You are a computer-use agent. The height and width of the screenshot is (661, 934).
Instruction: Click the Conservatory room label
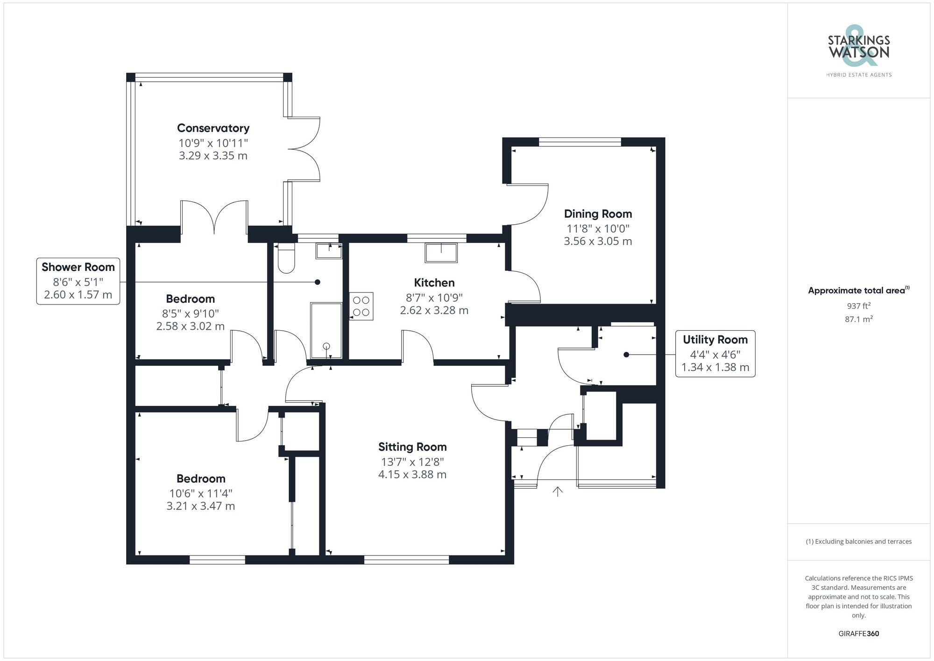point(213,128)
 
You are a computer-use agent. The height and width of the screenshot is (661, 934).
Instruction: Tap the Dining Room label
point(598,214)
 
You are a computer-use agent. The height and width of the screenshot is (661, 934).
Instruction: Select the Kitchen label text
point(434,283)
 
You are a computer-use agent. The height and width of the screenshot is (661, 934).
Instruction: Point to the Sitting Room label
point(412,447)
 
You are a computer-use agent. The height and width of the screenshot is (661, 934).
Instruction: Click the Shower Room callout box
point(78,281)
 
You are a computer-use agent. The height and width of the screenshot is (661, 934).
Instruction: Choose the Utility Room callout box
point(715,354)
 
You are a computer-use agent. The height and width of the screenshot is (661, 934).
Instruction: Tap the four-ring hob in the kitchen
point(361,306)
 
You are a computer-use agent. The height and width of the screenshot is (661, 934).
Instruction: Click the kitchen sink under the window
point(441,253)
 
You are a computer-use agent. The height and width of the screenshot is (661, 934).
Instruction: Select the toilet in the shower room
point(286,258)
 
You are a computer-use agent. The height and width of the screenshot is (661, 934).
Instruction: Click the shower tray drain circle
point(326,346)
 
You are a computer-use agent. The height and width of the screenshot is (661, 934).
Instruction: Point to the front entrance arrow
point(558,491)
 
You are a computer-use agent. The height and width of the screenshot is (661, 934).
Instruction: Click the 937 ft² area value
point(859,306)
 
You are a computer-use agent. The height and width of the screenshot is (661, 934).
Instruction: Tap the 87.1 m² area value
point(859,319)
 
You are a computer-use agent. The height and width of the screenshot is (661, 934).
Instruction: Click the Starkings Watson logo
point(859,51)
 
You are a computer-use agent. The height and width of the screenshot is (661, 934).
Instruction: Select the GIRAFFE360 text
point(859,634)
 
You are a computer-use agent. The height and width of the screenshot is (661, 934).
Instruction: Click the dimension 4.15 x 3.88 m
point(412,475)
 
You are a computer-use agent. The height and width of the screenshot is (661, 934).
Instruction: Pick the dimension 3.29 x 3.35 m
point(213,156)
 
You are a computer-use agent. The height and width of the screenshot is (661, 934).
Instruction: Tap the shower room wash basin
point(329,251)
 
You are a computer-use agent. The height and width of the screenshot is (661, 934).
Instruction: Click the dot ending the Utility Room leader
point(626,355)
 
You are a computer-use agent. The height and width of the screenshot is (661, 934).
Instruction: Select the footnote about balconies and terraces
point(859,541)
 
